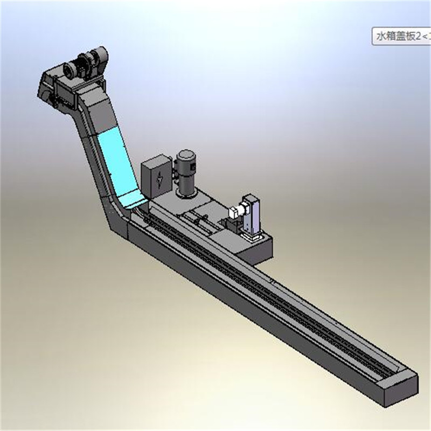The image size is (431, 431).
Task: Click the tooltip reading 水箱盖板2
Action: (x=401, y=36)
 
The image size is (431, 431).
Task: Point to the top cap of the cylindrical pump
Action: (x=186, y=156)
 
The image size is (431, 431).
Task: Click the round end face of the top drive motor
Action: (x=69, y=69)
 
